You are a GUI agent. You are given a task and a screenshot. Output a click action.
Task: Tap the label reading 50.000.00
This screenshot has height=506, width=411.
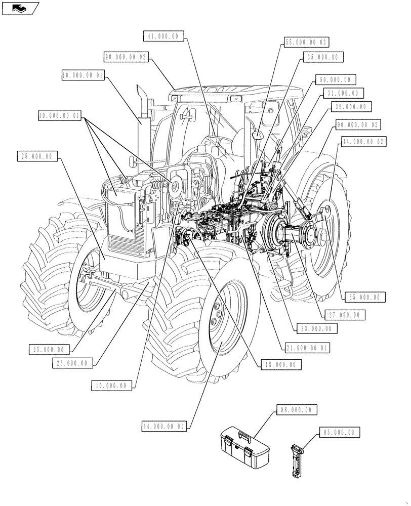click(335, 80)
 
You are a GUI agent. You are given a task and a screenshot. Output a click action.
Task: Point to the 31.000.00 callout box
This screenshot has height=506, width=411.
click(343, 94)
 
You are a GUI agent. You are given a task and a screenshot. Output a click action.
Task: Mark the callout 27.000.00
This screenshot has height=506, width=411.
click(344, 315)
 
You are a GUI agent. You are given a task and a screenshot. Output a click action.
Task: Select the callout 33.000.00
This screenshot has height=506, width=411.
click(317, 328)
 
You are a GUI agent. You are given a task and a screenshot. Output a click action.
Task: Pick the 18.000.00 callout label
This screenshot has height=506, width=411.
click(280, 364)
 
